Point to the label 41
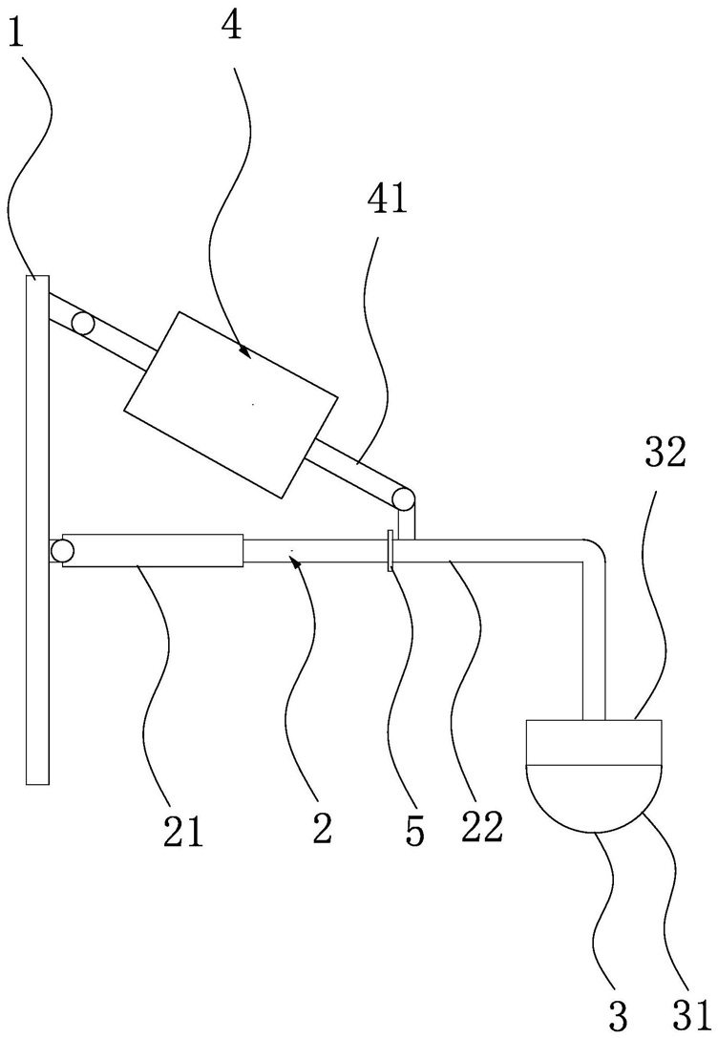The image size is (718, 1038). (x=385, y=201)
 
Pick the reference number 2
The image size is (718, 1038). (x=322, y=829)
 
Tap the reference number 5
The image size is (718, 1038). (x=414, y=830)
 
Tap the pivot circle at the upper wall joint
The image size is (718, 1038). (x=83, y=323)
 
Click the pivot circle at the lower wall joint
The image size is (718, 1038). (x=63, y=551)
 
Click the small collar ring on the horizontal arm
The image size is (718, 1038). (x=391, y=551)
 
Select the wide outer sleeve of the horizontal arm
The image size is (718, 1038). (x=152, y=551)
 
